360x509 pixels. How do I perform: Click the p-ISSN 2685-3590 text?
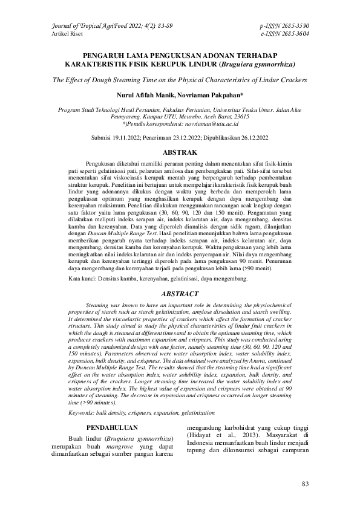point(284,27)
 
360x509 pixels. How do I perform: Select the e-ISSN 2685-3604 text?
point(284,34)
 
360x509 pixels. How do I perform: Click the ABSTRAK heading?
point(180,153)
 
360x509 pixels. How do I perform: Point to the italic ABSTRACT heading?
point(180,293)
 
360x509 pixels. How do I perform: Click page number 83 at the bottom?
point(305,484)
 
